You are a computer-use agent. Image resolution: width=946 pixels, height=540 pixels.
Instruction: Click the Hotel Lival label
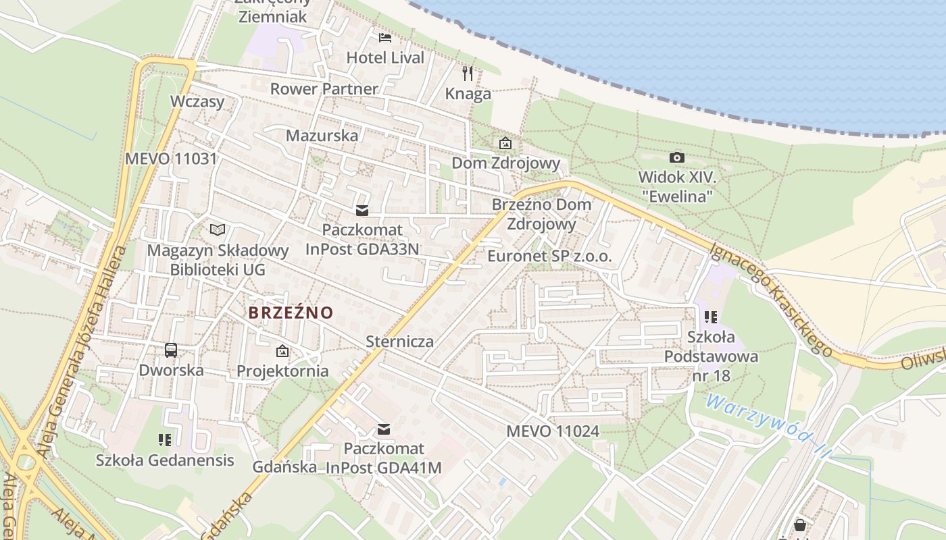pos(385,58)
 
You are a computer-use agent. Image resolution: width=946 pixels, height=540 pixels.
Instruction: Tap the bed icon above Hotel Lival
pos(385,37)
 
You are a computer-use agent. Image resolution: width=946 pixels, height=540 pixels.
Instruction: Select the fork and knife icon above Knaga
pos(468,73)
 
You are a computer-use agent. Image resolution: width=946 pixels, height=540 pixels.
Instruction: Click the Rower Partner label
pos(324,88)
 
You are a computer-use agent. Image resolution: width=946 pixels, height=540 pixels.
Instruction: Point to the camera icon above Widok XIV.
pos(676,157)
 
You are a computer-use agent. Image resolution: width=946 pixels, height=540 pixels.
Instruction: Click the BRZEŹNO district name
pos(291,313)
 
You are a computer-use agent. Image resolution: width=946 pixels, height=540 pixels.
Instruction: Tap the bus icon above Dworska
pos(171,350)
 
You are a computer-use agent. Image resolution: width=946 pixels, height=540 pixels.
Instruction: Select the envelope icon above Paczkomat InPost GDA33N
pos(362,211)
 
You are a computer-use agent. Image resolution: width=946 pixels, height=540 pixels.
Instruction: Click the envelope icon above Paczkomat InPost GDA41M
pos(384,429)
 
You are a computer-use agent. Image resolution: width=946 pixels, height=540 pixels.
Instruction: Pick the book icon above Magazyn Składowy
pos(218,230)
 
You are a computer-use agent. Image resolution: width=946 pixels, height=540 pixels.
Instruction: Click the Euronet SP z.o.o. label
pos(549,256)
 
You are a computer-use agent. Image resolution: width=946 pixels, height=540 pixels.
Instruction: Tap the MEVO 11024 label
pos(553,431)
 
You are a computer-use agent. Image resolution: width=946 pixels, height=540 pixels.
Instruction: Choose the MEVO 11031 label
pos(171,159)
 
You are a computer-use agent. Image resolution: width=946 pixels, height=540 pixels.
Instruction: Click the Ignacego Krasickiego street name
pos(770,298)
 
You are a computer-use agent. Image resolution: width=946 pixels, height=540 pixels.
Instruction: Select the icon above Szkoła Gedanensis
pos(165,440)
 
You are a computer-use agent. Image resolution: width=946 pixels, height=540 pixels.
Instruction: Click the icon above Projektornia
pos(282,351)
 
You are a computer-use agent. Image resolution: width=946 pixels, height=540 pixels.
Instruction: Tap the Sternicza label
pos(399,341)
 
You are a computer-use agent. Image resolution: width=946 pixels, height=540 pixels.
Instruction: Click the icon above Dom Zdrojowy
pos(505,143)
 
